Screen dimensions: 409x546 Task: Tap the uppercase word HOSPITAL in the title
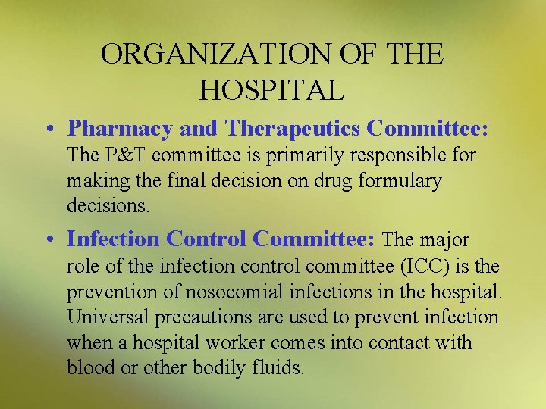[272, 90]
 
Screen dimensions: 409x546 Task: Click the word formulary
[400, 181]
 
